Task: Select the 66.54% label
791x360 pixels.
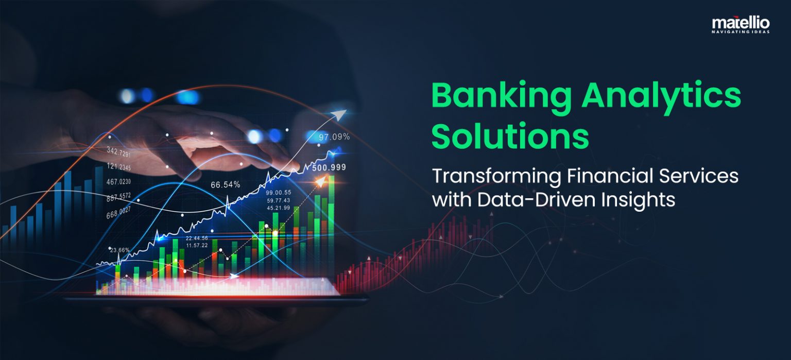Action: coord(225,184)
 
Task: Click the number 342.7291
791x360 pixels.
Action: coord(118,152)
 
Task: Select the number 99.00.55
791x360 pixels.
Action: coord(278,192)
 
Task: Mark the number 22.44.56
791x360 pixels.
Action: coord(197,238)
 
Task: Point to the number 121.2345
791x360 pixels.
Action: coord(118,166)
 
